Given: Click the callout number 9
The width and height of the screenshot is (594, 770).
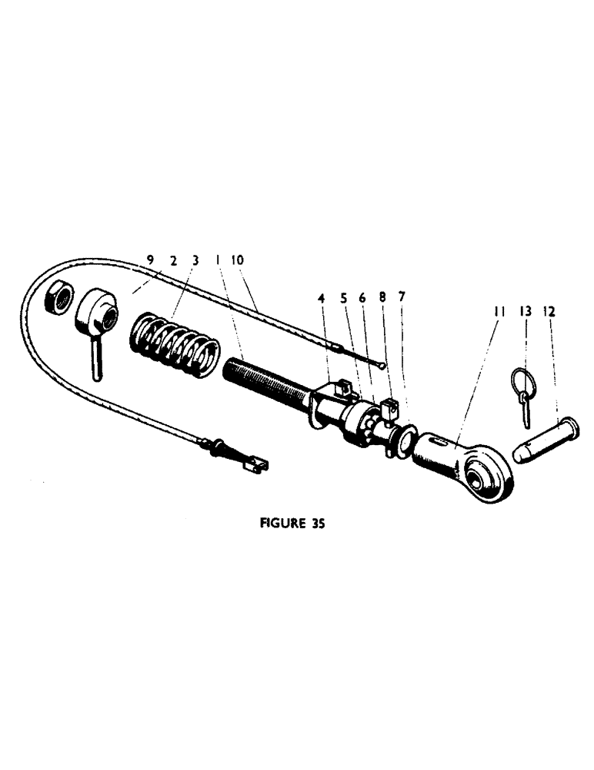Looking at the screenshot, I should click(x=151, y=261).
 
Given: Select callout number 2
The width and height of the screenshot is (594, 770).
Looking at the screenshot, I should click(x=174, y=261).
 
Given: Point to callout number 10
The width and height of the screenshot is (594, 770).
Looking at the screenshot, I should click(x=238, y=261).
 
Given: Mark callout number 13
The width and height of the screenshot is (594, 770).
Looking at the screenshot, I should click(x=526, y=311).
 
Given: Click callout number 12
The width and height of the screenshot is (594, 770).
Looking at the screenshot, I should click(x=549, y=311).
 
